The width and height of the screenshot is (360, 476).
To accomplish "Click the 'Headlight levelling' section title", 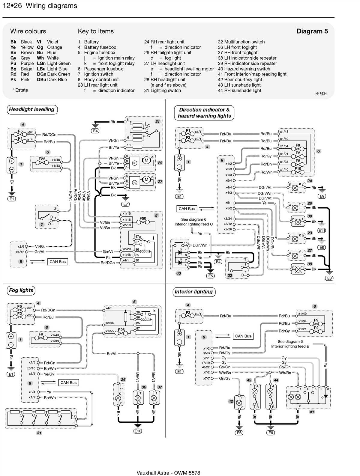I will (32, 109).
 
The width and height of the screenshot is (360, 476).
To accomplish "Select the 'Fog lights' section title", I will (21, 290).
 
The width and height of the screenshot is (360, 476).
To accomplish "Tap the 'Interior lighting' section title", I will (193, 292).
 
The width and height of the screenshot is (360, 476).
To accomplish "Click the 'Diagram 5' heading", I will (312, 31).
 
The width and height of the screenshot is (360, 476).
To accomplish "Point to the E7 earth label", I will (126, 204).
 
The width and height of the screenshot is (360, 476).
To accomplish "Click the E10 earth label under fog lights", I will (138, 431).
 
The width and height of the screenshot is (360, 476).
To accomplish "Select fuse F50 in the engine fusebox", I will (143, 219).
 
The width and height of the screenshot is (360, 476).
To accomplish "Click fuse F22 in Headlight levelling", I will (42, 159).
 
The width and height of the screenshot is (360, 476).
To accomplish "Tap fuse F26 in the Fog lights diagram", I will (121, 330).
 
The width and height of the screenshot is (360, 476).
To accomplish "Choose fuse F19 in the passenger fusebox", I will (298, 168).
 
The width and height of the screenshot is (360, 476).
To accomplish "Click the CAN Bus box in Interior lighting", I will (243, 336).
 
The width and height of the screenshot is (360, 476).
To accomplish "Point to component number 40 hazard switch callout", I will (178, 273).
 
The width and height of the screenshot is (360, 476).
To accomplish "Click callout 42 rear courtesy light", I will (231, 401).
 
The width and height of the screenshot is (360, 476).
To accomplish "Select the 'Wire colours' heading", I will (28, 31).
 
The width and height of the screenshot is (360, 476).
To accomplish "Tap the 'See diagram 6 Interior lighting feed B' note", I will (290, 344).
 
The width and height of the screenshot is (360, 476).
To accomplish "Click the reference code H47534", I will (321, 94).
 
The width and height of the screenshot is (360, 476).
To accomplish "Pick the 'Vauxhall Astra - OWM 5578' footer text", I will (168, 473).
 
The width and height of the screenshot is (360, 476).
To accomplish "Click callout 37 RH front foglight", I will (160, 387).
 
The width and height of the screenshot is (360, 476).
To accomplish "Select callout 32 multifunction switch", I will (230, 275).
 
